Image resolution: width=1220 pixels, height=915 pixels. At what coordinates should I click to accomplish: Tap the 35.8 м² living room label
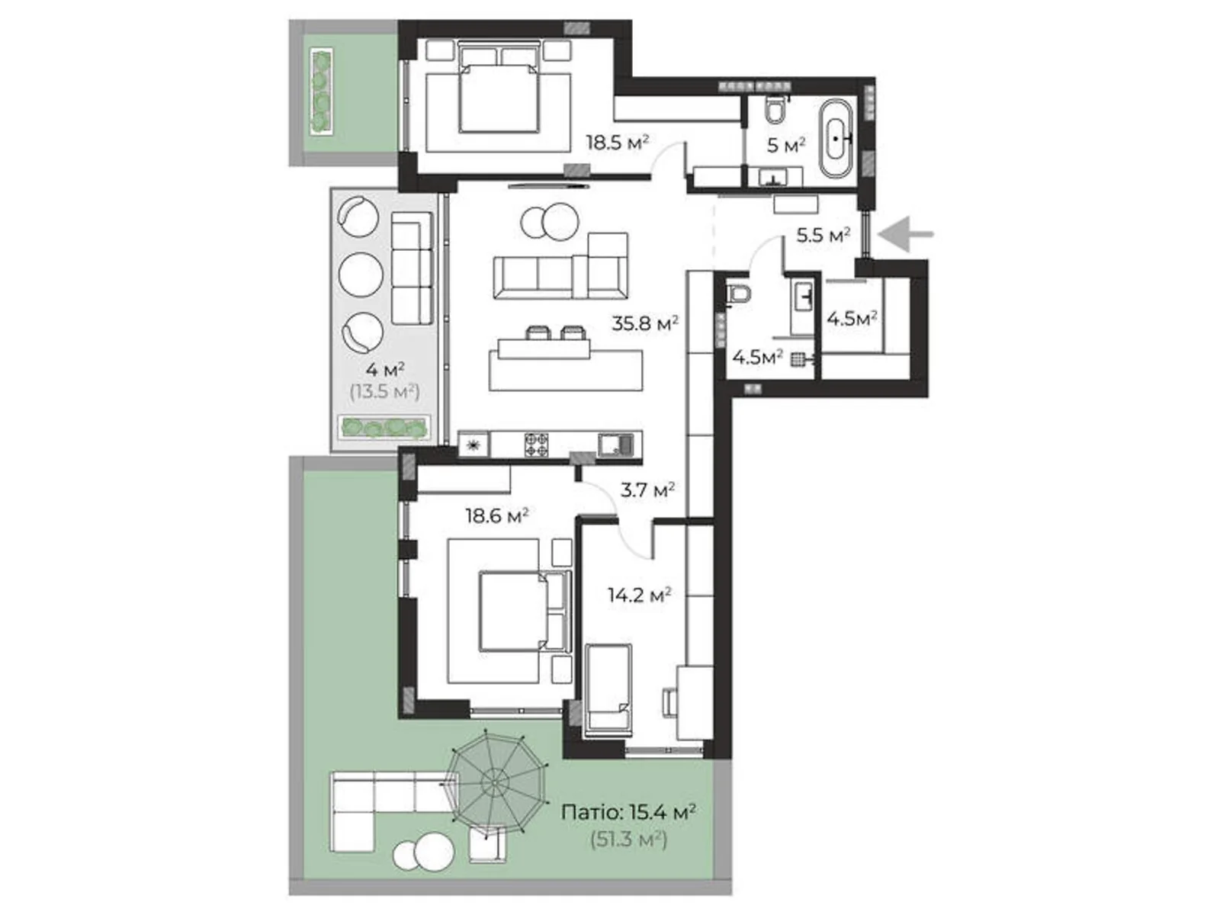click(x=645, y=323)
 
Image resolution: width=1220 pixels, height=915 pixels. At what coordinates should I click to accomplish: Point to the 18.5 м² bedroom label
click(x=617, y=142)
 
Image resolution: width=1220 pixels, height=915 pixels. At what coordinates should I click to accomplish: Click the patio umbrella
click(x=496, y=780)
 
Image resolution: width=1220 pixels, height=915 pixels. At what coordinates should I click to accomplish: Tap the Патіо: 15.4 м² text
click(x=628, y=813)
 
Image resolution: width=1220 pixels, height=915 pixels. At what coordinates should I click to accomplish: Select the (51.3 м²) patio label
click(x=629, y=840)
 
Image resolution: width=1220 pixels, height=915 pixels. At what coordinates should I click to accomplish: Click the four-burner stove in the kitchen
click(x=536, y=445)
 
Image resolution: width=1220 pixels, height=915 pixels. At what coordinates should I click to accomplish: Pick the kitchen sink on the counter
click(x=614, y=444)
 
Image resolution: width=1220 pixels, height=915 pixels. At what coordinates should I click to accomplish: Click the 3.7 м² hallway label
click(x=647, y=490)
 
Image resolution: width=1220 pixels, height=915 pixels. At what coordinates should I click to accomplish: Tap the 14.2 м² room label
click(x=639, y=594)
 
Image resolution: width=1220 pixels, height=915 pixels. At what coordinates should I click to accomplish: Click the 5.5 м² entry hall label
click(x=823, y=235)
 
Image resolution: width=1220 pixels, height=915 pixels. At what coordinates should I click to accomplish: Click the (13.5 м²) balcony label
click(x=384, y=392)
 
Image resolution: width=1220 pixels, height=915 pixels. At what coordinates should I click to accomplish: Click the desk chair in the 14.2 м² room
click(x=669, y=701)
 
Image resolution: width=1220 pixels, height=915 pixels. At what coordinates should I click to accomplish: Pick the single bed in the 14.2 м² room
click(x=608, y=689)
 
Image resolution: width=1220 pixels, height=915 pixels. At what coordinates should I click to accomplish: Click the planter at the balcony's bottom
click(x=384, y=427)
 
